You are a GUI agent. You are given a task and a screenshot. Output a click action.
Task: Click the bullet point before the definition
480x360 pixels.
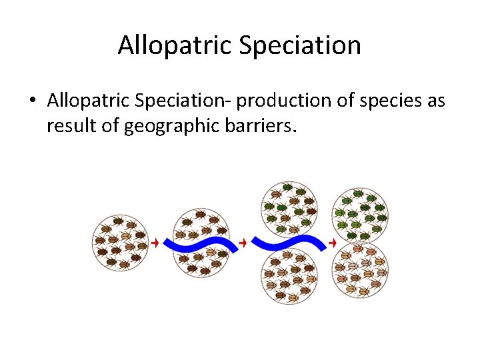coord(32,101)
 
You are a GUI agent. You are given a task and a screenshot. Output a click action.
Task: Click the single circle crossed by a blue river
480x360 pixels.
coord(201,243)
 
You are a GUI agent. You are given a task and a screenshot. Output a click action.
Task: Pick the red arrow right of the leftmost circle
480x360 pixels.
coord(155,243)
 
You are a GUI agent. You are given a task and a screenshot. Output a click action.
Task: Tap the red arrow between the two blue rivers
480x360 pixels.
coord(243,243)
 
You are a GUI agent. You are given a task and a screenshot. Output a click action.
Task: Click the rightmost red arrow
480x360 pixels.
coord(333,243)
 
